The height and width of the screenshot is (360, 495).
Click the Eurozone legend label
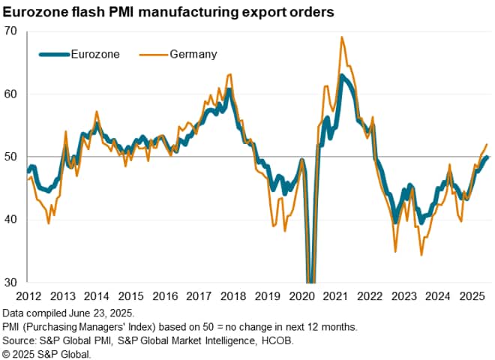click(94, 54)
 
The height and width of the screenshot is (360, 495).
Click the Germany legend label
click(194, 54)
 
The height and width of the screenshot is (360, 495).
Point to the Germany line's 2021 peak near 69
click(342, 37)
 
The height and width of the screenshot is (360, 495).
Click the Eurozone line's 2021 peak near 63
click(342, 75)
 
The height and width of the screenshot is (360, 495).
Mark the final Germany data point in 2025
click(487, 144)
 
